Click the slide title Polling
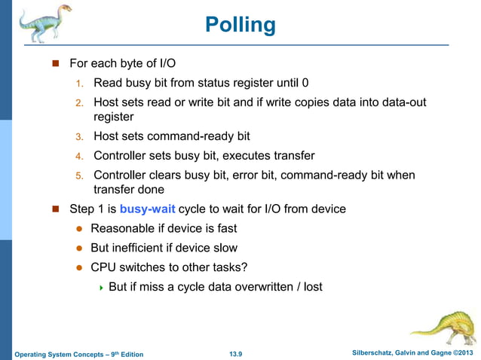(240, 26)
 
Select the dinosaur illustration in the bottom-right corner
(445, 326)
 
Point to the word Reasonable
(125, 228)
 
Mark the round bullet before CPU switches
(78, 267)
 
